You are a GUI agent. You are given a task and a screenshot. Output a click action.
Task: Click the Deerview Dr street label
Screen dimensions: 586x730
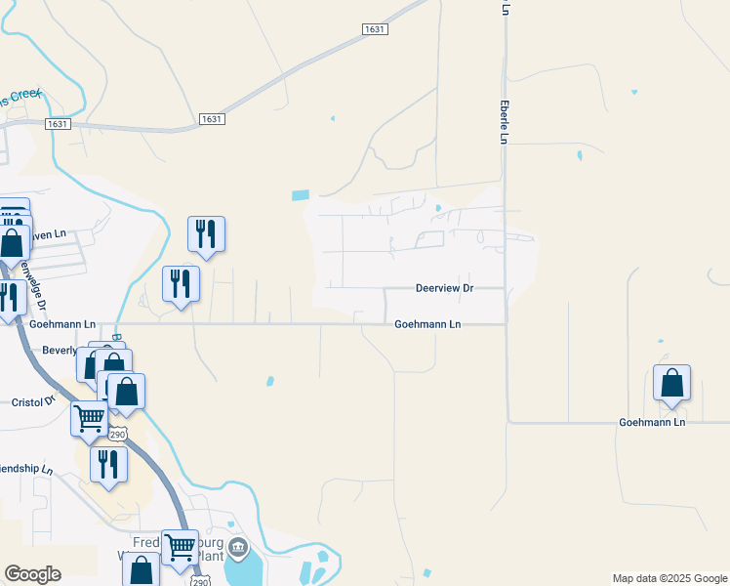pos(444,288)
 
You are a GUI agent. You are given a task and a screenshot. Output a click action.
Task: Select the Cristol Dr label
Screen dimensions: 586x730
pos(36,402)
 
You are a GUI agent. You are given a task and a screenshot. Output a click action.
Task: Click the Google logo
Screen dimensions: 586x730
pos(32,574)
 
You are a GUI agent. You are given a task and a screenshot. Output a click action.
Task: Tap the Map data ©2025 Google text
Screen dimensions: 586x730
pos(670,578)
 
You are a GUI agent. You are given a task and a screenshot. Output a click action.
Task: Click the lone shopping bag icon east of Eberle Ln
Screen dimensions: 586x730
pos(671,384)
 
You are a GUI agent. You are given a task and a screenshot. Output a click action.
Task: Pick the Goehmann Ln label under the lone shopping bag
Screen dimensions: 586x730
pos(652,422)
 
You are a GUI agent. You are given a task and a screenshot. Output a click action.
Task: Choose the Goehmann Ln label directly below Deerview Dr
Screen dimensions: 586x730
pos(426,324)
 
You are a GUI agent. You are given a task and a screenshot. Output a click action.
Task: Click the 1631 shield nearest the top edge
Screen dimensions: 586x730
pos(376,29)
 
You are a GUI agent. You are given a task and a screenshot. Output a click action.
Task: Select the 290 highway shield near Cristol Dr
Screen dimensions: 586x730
pos(118,433)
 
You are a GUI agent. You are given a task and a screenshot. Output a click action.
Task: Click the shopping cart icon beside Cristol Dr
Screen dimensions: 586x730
pos(89,419)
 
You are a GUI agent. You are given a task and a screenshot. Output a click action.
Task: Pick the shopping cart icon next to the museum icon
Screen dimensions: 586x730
pos(181,547)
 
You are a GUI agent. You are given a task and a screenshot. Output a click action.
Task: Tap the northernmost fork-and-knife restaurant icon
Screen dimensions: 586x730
pos(206,233)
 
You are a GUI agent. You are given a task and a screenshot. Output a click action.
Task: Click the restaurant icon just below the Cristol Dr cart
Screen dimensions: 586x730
pos(108,463)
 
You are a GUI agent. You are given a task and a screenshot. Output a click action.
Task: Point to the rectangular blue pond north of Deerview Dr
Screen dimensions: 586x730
pos(301,195)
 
